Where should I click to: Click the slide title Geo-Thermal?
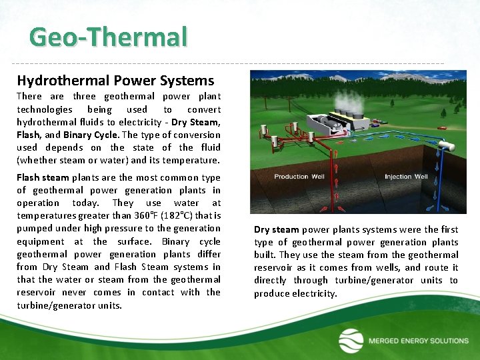click(x=109, y=37)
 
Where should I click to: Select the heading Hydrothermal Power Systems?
click(x=115, y=81)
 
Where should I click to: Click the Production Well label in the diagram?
click(x=300, y=177)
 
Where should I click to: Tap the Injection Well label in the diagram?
click(x=406, y=177)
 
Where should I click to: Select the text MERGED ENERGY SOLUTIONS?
click(x=418, y=341)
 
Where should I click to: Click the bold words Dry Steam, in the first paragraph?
click(x=196, y=122)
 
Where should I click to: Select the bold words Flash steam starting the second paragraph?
click(x=43, y=177)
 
